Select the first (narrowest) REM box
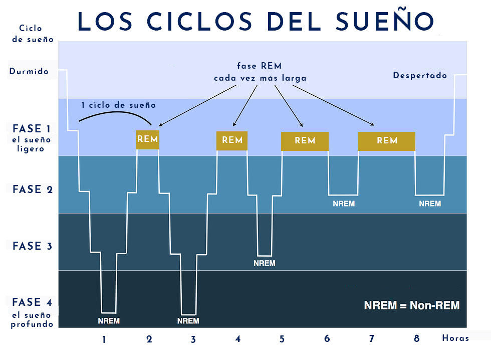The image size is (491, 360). [x=147, y=139]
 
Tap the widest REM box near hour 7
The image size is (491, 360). [x=386, y=141]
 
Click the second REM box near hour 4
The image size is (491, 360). [x=232, y=140]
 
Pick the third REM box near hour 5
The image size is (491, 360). [x=305, y=141]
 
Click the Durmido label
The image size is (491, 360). [x=29, y=72]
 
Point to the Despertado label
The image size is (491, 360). [x=420, y=76]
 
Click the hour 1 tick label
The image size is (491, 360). [x=104, y=339]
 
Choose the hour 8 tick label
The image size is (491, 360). [x=416, y=339]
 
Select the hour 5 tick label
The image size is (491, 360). [x=282, y=339]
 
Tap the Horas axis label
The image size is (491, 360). [x=455, y=338]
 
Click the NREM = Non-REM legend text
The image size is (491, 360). [x=411, y=305]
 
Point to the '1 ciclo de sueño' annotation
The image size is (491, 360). [x=119, y=105]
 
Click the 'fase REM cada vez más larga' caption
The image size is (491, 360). [x=260, y=72]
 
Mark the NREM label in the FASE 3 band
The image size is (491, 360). [x=264, y=263]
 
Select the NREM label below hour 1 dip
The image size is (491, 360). [x=109, y=321]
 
